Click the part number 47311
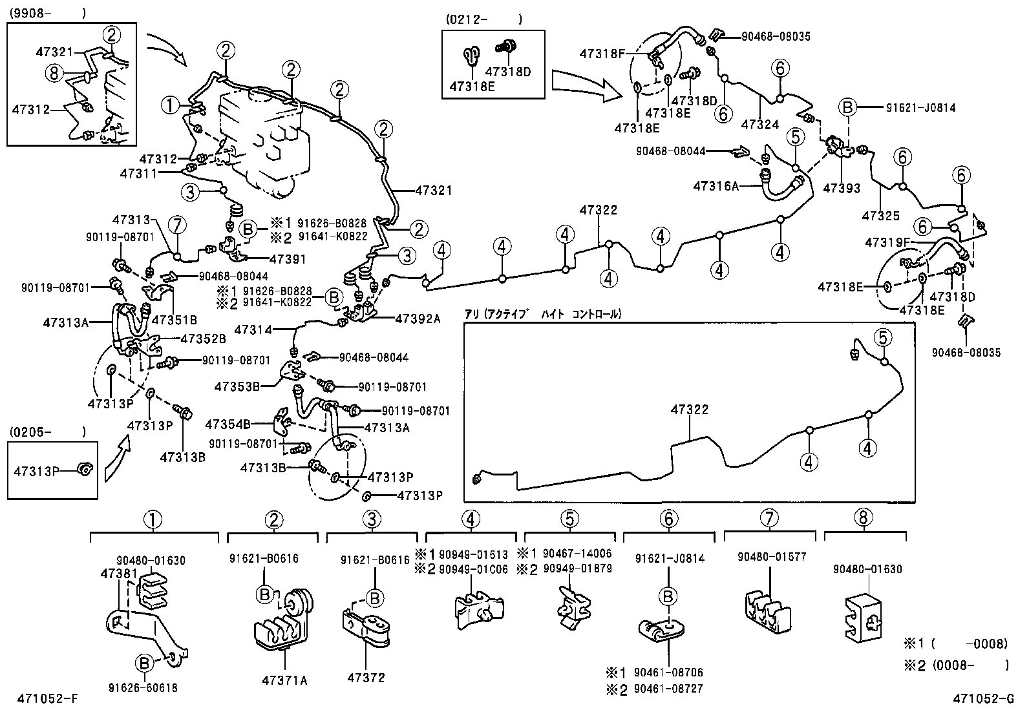(x=138, y=173)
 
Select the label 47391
(x=288, y=259)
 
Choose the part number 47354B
(x=228, y=424)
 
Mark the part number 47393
(x=842, y=189)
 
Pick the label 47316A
(x=716, y=186)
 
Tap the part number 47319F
(x=887, y=242)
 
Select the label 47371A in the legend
(x=284, y=679)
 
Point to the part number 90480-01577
(x=769, y=556)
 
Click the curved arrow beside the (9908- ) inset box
(x=167, y=48)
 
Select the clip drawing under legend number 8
(x=864, y=616)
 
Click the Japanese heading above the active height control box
(x=542, y=314)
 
